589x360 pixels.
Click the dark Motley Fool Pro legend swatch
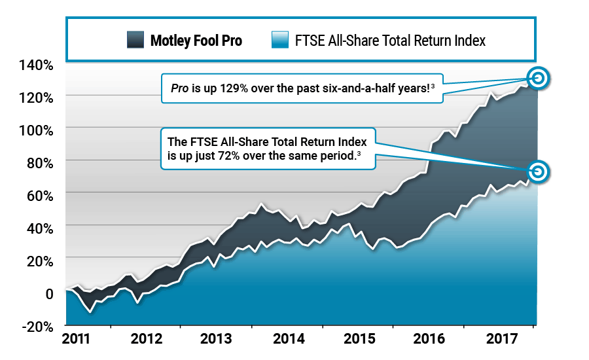[136, 41]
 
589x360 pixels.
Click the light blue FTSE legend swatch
[279, 41]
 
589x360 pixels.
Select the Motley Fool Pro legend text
[196, 41]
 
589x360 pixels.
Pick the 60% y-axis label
[39, 194]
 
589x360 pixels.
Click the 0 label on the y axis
[48, 293]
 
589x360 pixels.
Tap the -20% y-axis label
[37, 325]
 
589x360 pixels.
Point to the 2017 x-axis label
[503, 340]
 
